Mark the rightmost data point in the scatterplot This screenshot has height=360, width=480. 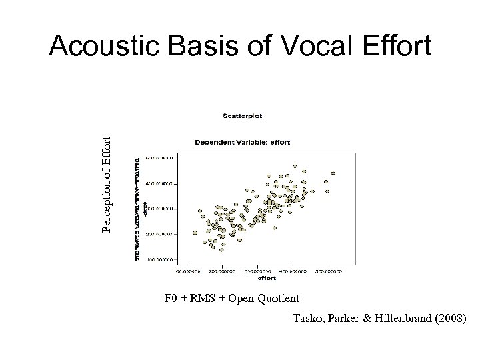coord(333,173)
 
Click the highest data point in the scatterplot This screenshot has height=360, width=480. coord(295,166)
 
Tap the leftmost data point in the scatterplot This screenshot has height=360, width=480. coord(195,233)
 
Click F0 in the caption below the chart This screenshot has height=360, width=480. coord(171,297)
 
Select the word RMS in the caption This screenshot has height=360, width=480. coord(199,297)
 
